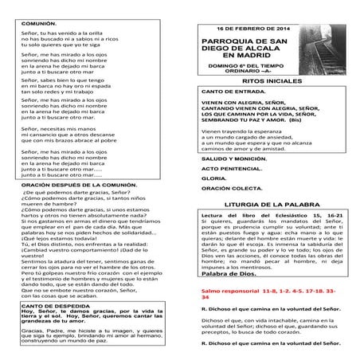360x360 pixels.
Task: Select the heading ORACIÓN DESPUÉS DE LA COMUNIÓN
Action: coord(73,205)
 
